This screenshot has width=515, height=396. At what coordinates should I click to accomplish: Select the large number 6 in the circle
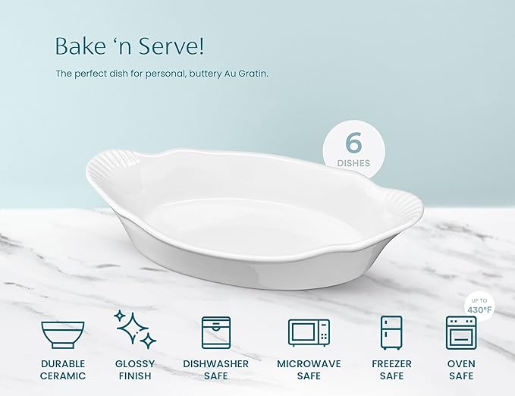[x=353, y=142]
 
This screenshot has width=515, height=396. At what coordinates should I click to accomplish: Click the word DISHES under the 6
[x=353, y=162]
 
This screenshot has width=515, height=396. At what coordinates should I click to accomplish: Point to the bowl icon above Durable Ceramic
[x=63, y=333]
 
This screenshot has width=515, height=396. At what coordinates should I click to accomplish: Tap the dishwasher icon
[x=215, y=332]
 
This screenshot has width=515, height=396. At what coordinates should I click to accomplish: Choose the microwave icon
[x=309, y=332]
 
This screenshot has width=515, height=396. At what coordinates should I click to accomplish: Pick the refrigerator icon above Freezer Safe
[x=391, y=332]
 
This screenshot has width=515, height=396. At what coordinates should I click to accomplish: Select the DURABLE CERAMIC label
[x=63, y=369]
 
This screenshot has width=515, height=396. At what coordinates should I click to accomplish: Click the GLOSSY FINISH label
[x=135, y=369]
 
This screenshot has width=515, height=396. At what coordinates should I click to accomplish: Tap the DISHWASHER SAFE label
[x=215, y=369]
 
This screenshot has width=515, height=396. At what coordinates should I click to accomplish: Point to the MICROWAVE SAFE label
[x=309, y=369]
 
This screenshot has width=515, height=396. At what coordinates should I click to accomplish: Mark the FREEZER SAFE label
[x=391, y=369]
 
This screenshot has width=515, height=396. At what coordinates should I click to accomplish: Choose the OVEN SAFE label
[x=460, y=369]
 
